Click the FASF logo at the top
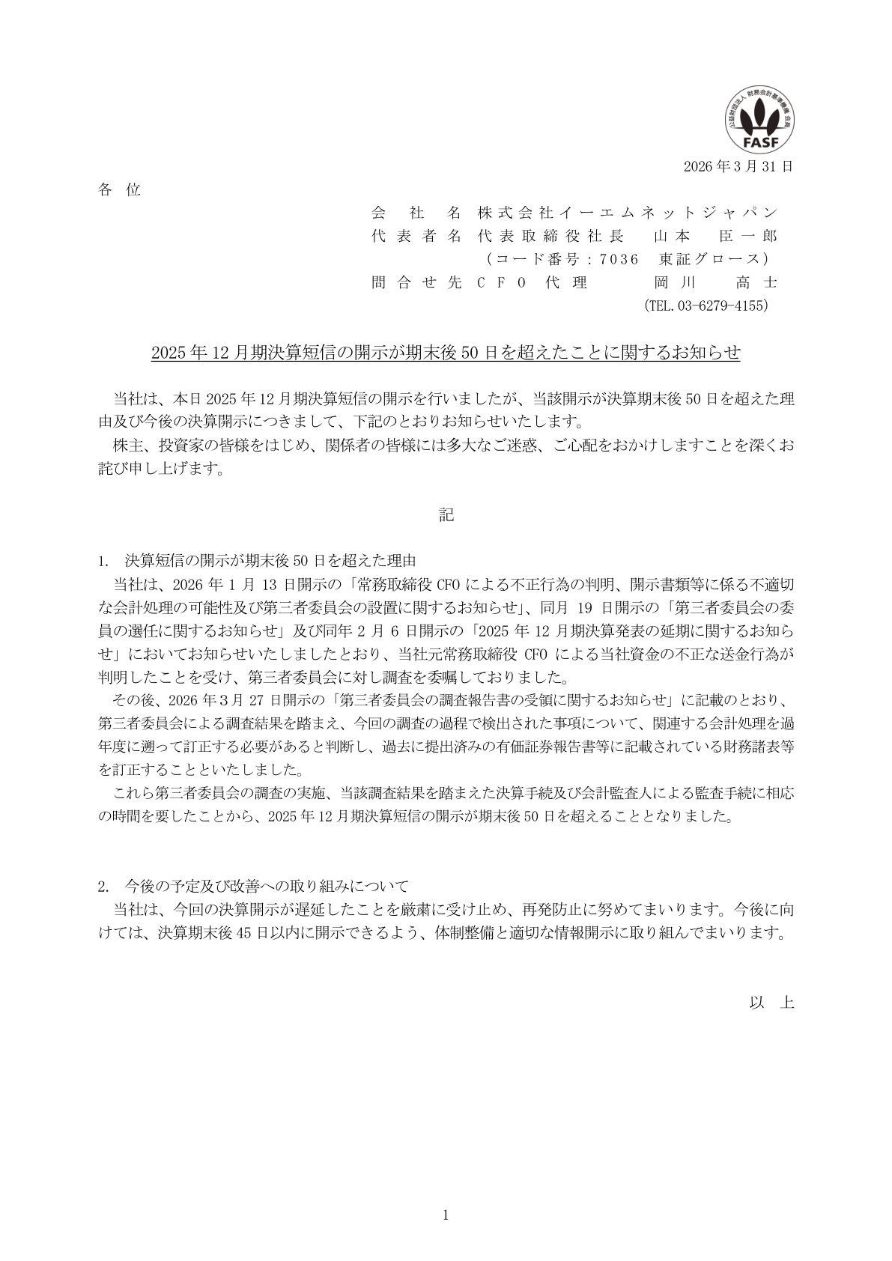(x=759, y=122)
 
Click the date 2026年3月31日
(x=738, y=166)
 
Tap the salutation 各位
(x=119, y=190)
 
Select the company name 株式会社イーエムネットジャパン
(x=628, y=213)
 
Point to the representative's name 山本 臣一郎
(x=715, y=237)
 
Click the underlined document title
(x=446, y=353)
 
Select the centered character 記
(x=446, y=515)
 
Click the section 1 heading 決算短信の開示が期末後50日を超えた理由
(x=270, y=560)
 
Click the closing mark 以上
(x=771, y=1003)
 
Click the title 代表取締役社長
(x=550, y=237)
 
